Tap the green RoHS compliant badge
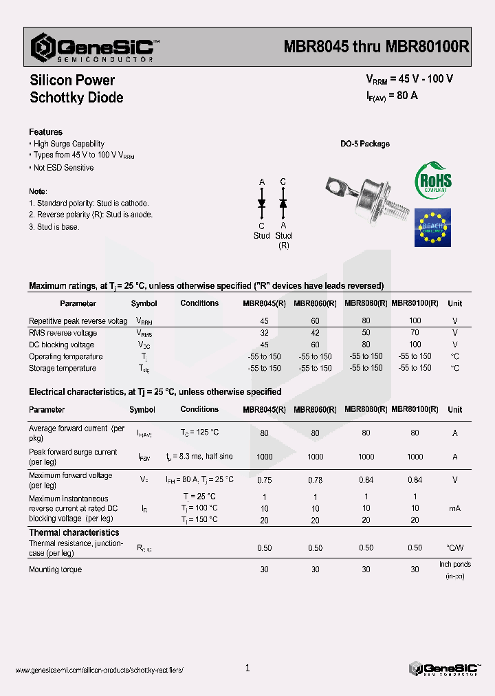pyautogui.click(x=432, y=181)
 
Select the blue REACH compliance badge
pyautogui.click(x=432, y=227)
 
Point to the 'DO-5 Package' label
pyautogui.click(x=365, y=144)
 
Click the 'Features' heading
pyautogui.click(x=45, y=132)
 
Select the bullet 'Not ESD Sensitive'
pyautogui.click(x=63, y=168)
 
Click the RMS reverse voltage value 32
pyautogui.click(x=264, y=333)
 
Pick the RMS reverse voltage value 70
pyautogui.click(x=415, y=333)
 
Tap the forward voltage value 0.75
pyautogui.click(x=264, y=480)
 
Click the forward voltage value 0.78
pyautogui.click(x=315, y=480)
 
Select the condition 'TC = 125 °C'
pyautogui.click(x=199, y=433)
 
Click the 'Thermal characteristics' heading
pyautogui.click(x=74, y=532)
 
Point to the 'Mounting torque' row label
pyautogui.click(x=55, y=569)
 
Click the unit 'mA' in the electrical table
pyautogui.click(x=454, y=508)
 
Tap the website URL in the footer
pyautogui.click(x=99, y=670)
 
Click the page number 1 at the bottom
pyautogui.click(x=247, y=668)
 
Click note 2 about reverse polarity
pyautogui.click(x=91, y=215)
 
